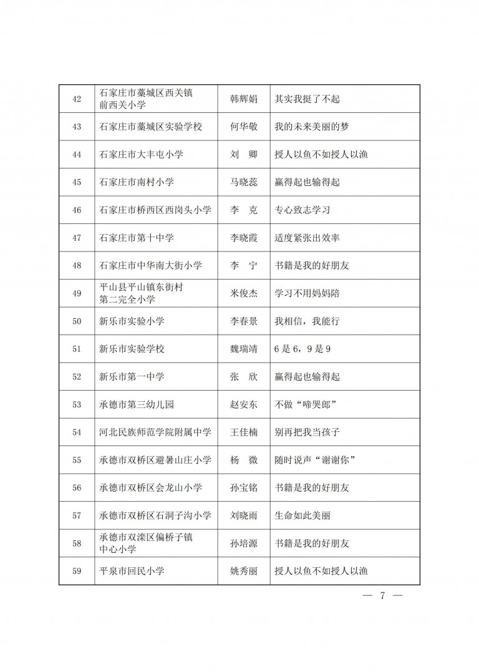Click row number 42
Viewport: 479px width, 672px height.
77,99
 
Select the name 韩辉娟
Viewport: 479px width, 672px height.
243,99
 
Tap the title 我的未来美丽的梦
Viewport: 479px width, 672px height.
312,127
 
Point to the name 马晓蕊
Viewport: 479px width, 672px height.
243,182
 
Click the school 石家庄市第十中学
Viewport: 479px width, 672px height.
137,238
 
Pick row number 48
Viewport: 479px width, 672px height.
77,266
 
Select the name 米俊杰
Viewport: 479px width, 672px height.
243,293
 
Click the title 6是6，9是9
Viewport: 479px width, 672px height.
302,349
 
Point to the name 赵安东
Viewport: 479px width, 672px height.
243,404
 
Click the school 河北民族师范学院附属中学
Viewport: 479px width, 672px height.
155,432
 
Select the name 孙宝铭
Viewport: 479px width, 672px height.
243,488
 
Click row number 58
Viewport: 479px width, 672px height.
77,543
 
